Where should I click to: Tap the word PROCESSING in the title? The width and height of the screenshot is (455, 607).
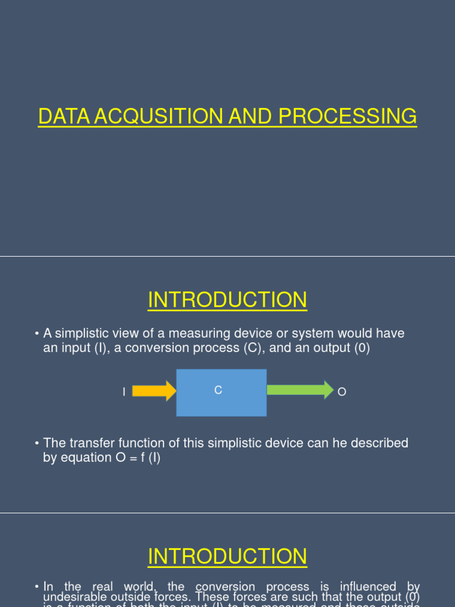click(x=348, y=116)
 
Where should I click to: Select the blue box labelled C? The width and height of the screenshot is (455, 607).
click(x=221, y=392)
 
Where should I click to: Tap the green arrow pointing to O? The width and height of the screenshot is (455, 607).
click(x=300, y=390)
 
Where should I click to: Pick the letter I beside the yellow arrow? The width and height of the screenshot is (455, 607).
click(x=124, y=392)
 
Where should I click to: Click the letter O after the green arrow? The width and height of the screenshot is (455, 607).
click(x=341, y=392)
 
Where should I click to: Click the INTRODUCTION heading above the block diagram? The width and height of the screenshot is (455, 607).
click(x=227, y=300)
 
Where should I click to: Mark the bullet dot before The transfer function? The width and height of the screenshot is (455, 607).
click(x=37, y=443)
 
